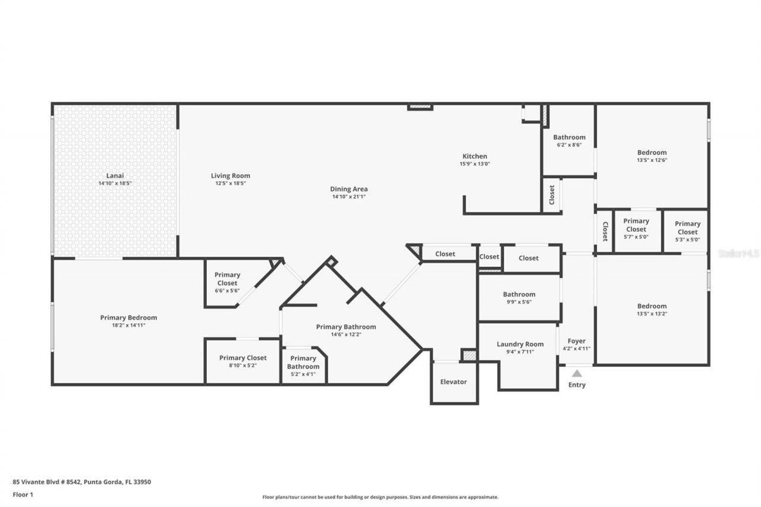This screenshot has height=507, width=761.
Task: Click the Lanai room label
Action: pyautogui.click(x=115, y=175)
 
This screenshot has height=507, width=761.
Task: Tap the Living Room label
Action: pyautogui.click(x=230, y=175)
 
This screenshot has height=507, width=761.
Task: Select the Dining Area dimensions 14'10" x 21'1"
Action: pyautogui.click(x=348, y=197)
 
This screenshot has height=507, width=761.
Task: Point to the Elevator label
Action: pyautogui.click(x=454, y=382)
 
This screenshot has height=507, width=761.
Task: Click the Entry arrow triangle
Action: pyautogui.click(x=577, y=373)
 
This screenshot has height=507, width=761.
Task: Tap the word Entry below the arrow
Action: pyautogui.click(x=577, y=385)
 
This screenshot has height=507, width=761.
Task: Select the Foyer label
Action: pyautogui.click(x=576, y=341)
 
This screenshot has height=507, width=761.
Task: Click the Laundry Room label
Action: pyautogui.click(x=520, y=344)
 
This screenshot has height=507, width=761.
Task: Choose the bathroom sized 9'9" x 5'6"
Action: pyautogui.click(x=519, y=297)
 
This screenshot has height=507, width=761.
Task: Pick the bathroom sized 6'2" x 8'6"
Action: pyautogui.click(x=569, y=140)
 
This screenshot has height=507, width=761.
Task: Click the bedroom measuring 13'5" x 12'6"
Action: pyautogui.click(x=652, y=156)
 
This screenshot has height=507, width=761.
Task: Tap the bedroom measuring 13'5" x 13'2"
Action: pyautogui.click(x=652, y=310)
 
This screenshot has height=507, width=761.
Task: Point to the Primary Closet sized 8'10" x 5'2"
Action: pyautogui.click(x=243, y=361)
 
